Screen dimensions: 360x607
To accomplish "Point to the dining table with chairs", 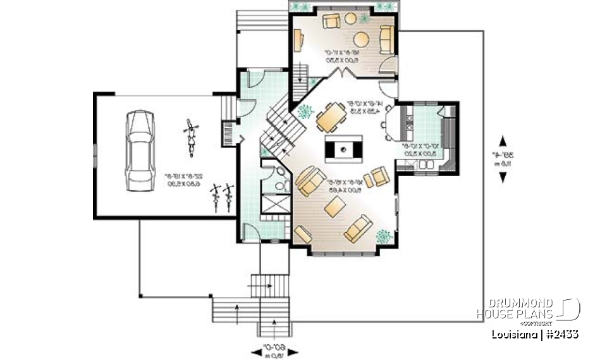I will pos(330,117).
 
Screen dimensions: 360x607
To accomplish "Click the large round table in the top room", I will pos(362,39).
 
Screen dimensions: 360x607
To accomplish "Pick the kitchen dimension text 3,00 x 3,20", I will pos(420,152).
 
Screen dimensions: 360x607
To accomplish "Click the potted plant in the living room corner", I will pos(383,236).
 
